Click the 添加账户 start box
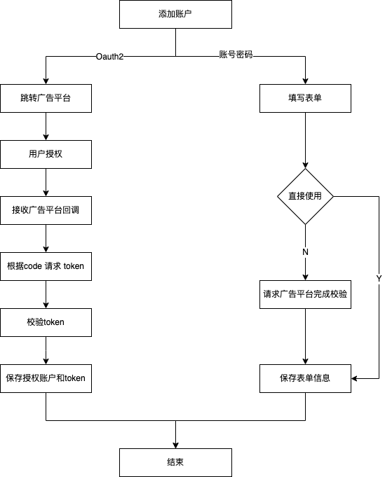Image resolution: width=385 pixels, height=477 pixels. click(x=175, y=14)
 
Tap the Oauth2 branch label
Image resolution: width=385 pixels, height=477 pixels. click(x=110, y=57)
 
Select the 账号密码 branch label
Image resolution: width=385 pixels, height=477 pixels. click(x=236, y=55)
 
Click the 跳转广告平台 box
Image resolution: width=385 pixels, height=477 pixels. click(x=46, y=98)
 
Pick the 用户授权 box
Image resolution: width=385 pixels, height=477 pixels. click(x=46, y=154)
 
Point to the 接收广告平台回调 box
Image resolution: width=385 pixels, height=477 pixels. click(x=46, y=210)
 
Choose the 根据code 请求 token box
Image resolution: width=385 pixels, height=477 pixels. click(x=46, y=266)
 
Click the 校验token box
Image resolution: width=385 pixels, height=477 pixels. click(x=46, y=322)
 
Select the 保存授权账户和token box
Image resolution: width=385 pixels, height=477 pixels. click(x=46, y=378)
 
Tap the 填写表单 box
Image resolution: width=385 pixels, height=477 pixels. click(x=305, y=98)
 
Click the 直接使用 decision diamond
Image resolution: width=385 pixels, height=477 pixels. click(x=305, y=196)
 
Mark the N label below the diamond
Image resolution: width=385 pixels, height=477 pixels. click(x=305, y=252)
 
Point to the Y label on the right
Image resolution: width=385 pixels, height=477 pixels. click(x=379, y=279)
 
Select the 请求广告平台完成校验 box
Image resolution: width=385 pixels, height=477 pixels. click(x=305, y=294)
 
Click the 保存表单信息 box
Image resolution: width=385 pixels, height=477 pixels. click(x=305, y=378)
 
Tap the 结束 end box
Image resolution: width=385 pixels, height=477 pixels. click(x=175, y=462)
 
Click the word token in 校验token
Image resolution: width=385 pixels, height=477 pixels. click(x=55, y=322)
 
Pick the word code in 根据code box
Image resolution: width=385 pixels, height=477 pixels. click(x=34, y=266)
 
